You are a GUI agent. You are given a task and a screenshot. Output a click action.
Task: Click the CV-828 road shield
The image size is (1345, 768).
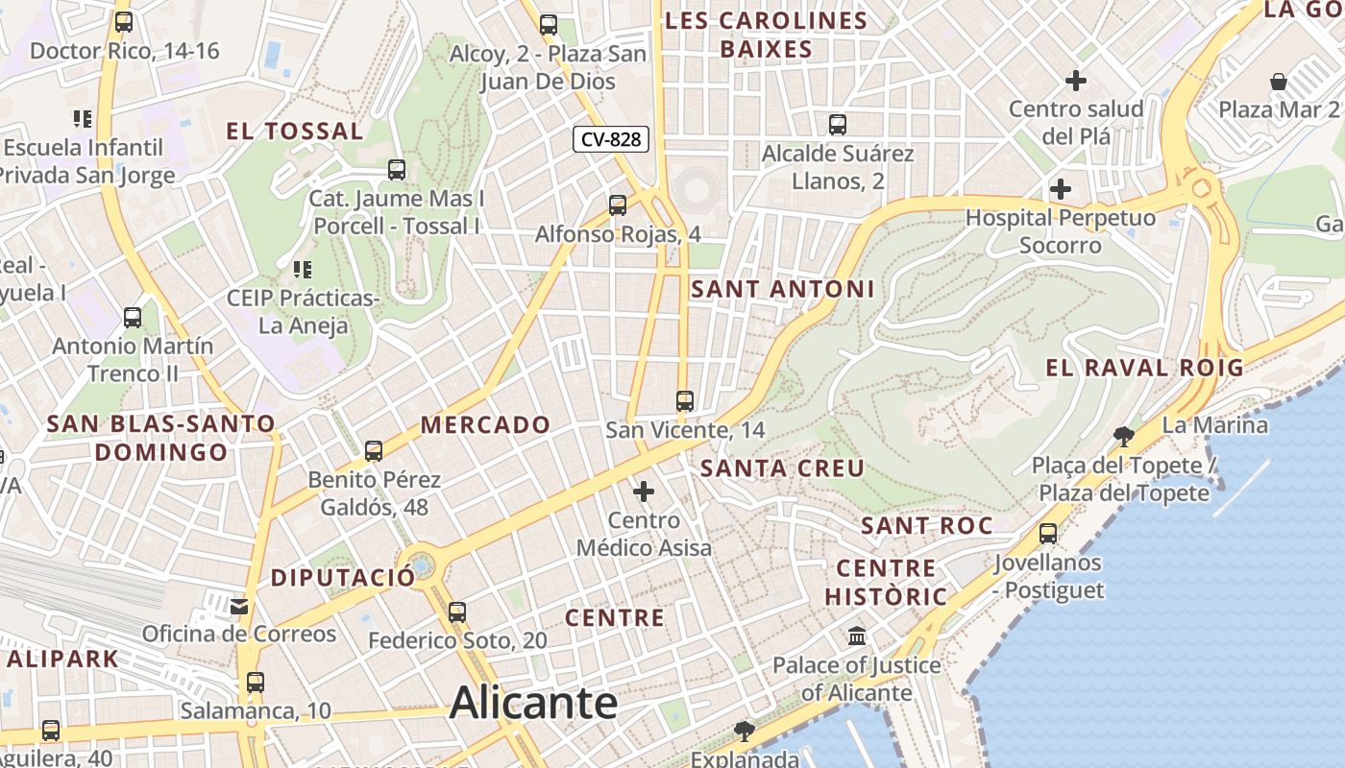tap(611, 139)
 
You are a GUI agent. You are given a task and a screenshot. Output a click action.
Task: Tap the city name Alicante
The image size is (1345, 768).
tap(533, 703)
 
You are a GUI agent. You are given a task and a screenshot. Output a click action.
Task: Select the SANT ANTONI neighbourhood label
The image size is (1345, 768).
tap(783, 289)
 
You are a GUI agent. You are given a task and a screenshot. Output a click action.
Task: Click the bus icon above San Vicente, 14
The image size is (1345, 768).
tap(684, 401)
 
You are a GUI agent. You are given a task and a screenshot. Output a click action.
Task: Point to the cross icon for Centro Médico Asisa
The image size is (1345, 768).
tap(643, 492)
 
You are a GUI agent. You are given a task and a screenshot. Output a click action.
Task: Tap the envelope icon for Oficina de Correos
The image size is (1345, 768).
tap(239, 606)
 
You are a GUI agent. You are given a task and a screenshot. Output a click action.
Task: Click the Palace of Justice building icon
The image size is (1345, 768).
tap(857, 636)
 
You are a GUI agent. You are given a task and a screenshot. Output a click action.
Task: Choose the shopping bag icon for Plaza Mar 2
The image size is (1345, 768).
tap(1279, 82)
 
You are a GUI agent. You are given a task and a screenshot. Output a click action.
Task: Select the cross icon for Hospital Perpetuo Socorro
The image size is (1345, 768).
tap(1061, 189)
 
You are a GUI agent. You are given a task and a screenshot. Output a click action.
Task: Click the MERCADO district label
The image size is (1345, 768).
tap(486, 424)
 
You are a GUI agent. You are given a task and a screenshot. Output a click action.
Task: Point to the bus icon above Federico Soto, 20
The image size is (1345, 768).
tap(457, 612)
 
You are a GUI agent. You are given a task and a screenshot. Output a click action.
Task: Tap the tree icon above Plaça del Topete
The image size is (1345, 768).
tap(1123, 437)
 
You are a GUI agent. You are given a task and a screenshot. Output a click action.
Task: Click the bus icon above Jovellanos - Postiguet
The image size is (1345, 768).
tap(1048, 533)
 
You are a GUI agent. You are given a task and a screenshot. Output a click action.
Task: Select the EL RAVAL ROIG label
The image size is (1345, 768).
tap(1144, 367)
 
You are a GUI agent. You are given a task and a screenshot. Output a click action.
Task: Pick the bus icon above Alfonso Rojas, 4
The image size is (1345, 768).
tap(617, 204)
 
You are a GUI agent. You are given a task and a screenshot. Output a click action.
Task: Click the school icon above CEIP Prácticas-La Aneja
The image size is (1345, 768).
tap(303, 270)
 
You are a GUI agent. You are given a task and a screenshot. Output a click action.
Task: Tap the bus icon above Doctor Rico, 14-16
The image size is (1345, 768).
tap(123, 22)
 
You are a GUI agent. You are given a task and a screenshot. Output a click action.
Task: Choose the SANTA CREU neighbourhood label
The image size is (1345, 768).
tap(783, 468)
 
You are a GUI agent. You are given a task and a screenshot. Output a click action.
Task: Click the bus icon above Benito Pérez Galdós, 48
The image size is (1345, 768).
tap(374, 450)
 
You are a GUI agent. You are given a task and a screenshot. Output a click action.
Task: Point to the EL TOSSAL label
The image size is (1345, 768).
tap(295, 132)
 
